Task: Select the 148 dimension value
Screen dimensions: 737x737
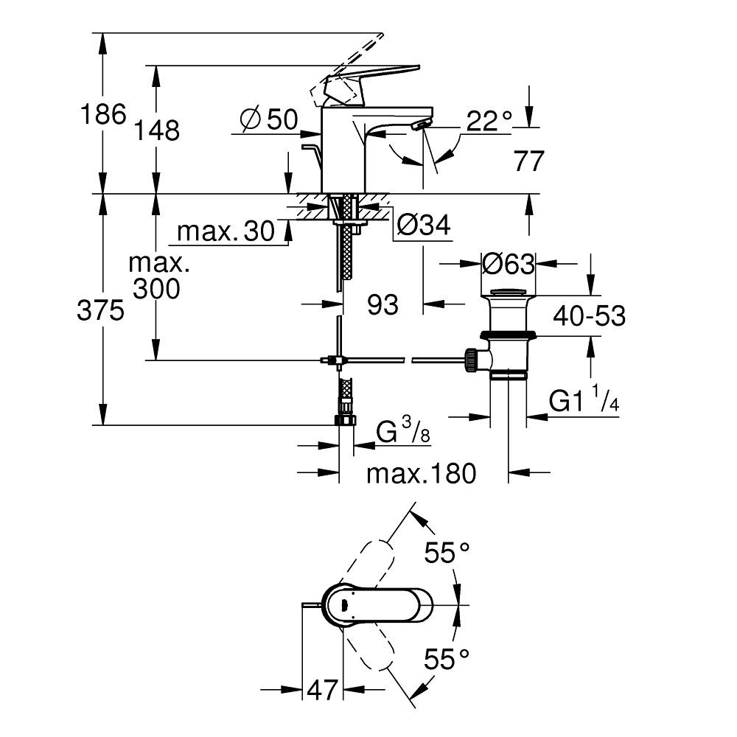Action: (157, 130)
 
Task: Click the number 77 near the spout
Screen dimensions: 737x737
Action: (528, 161)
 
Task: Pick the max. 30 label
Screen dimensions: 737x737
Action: (226, 232)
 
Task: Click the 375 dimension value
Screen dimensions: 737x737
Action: (100, 312)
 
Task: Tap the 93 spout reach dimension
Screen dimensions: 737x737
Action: (382, 304)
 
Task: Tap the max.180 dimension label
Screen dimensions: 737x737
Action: (422, 473)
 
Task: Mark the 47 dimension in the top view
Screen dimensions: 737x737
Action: (322, 691)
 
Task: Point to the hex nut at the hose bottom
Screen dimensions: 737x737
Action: (344, 420)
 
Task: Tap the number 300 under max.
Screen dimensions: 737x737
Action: (156, 289)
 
